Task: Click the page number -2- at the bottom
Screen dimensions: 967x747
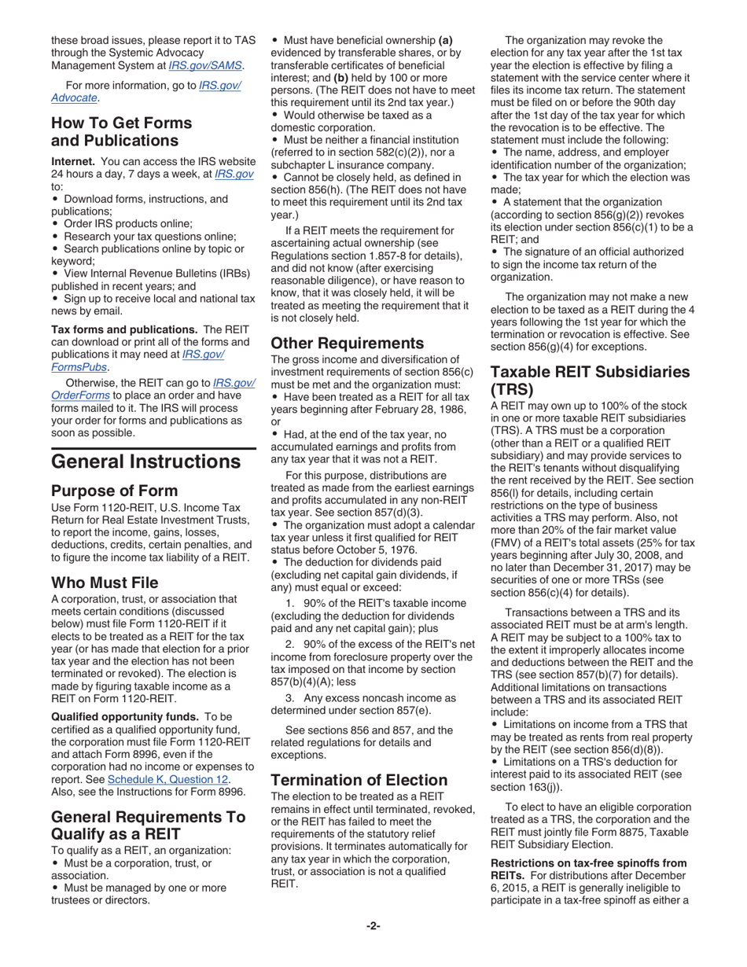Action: [x=373, y=925]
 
